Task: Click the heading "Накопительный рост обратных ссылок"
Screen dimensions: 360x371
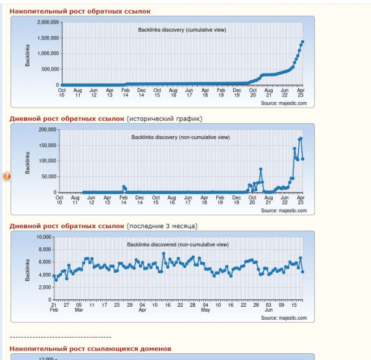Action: pos(80,11)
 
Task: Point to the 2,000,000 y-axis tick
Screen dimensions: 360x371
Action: pos(48,22)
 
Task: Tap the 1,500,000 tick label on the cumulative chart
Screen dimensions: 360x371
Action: pos(48,38)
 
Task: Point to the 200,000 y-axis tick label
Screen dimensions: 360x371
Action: pos(47,129)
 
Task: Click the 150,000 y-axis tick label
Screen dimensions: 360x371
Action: pos(47,145)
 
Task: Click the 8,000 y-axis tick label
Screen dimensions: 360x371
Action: pos(45,249)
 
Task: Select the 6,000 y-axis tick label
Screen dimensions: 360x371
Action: pos(45,262)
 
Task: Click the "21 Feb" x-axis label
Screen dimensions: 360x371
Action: pos(54,307)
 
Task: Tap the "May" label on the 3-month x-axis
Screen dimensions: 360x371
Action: pos(205,310)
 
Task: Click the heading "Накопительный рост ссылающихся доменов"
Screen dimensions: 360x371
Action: pos(90,349)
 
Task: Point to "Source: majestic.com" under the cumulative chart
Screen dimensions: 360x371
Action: pos(283,103)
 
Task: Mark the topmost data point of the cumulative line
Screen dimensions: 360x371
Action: pos(302,42)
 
